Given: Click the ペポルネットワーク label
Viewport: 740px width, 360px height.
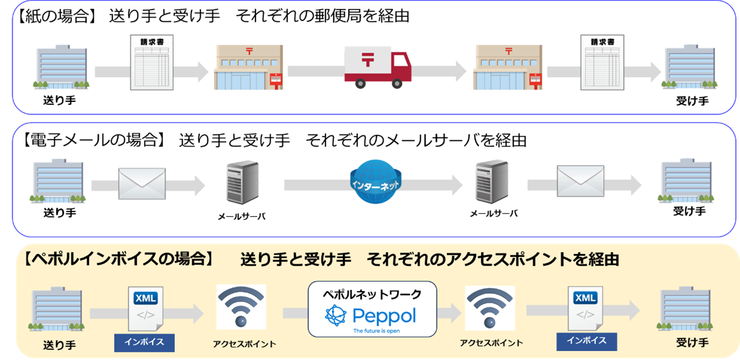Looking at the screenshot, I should coord(372,294).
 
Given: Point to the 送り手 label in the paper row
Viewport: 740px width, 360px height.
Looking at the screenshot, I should coord(59,101).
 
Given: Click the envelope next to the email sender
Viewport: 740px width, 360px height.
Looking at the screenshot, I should coord(142,183).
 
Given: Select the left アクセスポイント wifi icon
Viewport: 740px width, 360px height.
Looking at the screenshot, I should coord(241,307).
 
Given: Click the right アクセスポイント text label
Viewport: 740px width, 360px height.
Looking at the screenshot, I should coord(491,343).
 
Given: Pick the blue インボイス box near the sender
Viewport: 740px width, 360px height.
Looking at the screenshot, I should coord(144,343).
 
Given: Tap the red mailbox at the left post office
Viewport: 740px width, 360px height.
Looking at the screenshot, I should coord(276,79).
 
